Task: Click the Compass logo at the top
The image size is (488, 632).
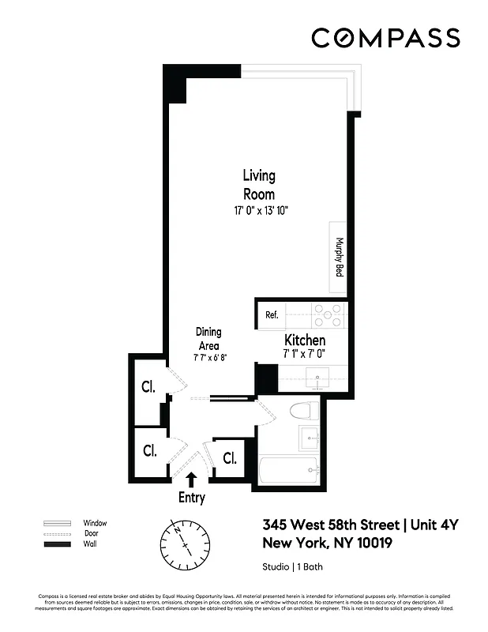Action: pos(385,38)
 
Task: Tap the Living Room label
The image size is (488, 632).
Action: pos(258,185)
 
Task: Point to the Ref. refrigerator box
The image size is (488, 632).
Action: pos(272,315)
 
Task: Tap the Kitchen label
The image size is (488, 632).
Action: pos(305,340)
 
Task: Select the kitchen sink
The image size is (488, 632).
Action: pos(318,378)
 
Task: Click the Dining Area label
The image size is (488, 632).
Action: pos(208,339)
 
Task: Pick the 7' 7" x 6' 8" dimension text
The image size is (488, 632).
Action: pos(209,358)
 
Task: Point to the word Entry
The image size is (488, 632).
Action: pos(192,498)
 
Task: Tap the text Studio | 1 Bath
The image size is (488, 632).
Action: pos(292,567)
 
